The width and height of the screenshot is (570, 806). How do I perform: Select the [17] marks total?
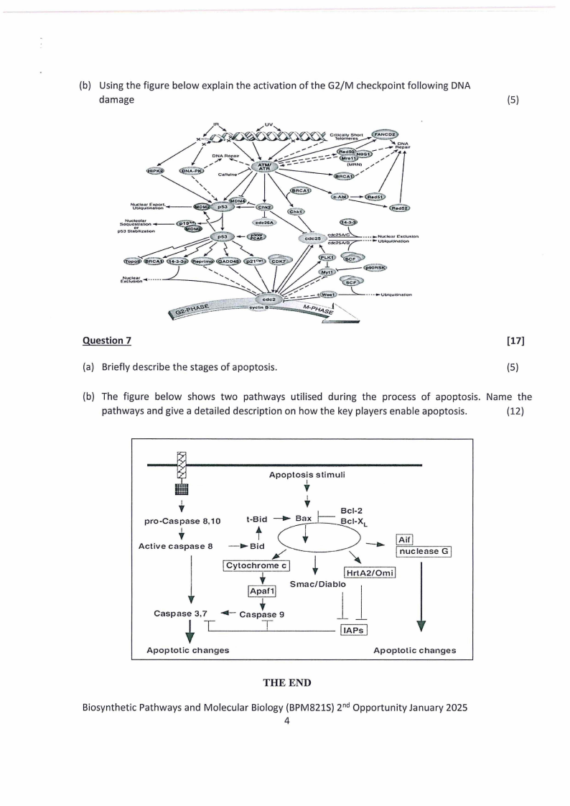tap(515, 341)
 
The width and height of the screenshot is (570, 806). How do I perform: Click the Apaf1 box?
tap(262, 590)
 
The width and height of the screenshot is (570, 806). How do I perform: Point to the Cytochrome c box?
tap(256, 565)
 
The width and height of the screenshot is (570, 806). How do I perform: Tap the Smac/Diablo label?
tap(317, 585)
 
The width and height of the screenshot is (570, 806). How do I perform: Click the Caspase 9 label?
tap(263, 614)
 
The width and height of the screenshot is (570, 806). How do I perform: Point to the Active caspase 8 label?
tap(175, 546)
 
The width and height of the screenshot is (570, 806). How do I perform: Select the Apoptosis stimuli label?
tap(307, 475)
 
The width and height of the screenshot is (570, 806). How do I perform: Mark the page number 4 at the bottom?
tap(286, 721)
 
